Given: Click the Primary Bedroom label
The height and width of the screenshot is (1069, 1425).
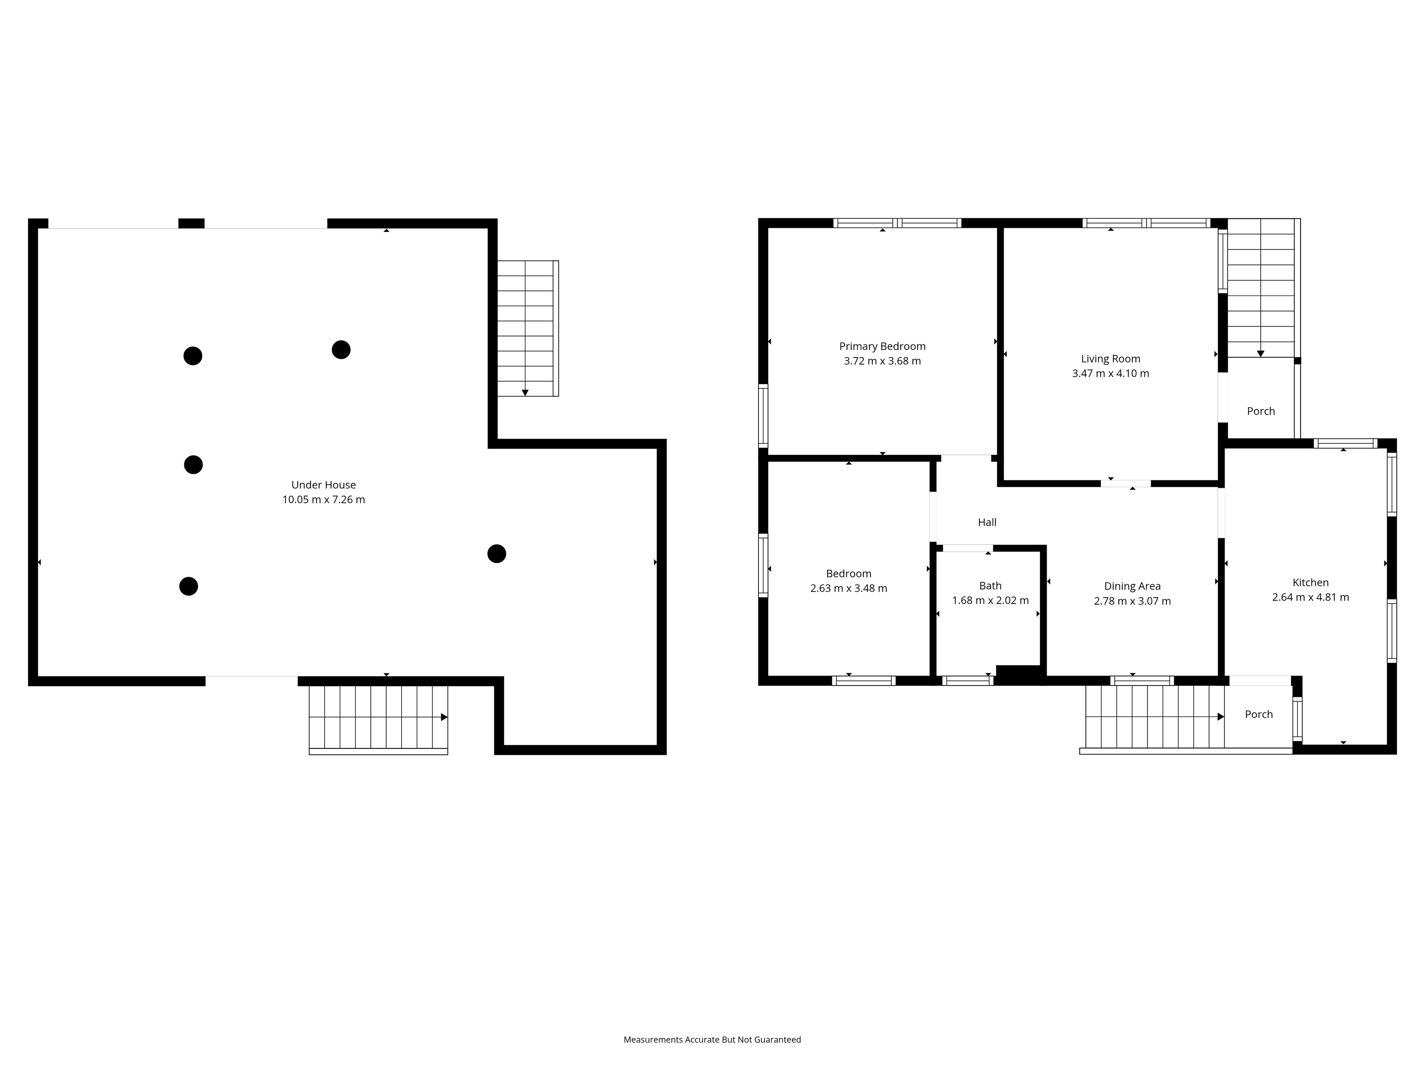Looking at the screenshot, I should tap(882, 346).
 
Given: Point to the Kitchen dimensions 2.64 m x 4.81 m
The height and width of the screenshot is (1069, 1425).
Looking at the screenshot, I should tap(1310, 597).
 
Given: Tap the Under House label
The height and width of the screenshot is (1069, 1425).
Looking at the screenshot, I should tap(323, 484).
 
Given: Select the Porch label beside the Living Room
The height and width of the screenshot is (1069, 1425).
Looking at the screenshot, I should tap(1261, 411).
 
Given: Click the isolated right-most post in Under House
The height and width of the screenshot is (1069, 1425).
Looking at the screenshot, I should tap(497, 553).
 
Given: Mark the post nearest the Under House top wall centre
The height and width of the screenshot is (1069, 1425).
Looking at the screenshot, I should tap(341, 350).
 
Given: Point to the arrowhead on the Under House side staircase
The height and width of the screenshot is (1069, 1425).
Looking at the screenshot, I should tap(525, 392).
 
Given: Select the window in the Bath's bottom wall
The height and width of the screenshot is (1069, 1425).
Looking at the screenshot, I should tap(967, 680).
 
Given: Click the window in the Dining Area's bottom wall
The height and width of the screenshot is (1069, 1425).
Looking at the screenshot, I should tap(1141, 680).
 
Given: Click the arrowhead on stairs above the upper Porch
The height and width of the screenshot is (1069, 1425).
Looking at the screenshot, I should tap(1261, 354).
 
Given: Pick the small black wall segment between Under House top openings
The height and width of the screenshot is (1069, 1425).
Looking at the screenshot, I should tap(191, 223).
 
